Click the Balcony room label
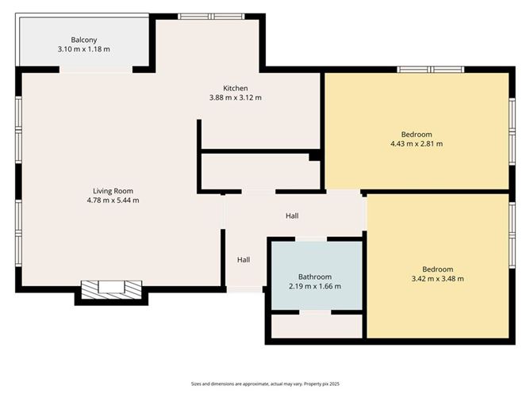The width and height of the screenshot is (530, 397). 83,39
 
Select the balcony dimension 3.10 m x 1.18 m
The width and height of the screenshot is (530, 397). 83,49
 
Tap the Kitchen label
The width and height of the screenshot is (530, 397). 235,88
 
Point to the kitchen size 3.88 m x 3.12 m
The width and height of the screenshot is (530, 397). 235,98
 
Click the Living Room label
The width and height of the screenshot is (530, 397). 113,190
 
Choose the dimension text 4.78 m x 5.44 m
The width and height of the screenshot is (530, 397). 113,200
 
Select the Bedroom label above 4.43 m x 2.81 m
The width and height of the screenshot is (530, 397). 416,133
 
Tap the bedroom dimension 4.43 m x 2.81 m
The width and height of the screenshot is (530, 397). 416,143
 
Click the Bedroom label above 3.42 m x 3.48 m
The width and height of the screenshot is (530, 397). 437,269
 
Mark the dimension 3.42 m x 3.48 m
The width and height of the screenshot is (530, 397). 437,279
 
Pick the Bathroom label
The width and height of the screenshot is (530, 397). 315,277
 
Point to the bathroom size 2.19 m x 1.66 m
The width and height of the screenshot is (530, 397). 315,286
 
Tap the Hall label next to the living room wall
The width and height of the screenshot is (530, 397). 244,259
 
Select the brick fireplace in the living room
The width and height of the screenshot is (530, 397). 111,288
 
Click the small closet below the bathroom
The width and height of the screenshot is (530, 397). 316,326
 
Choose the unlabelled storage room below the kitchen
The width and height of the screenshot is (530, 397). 259,170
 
